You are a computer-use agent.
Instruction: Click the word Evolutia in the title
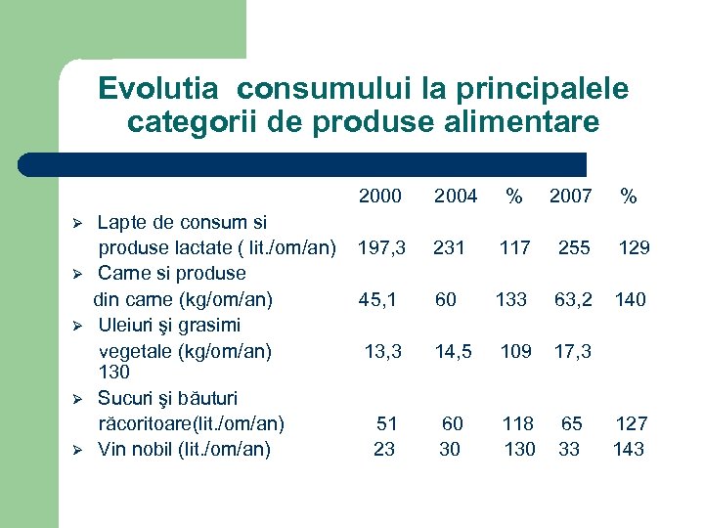(161, 89)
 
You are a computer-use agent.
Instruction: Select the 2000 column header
(379, 197)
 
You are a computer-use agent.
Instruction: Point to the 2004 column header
(456, 197)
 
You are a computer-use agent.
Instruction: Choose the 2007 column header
(570, 197)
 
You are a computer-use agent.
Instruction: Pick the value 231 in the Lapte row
(449, 248)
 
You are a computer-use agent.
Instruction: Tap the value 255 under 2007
(574, 248)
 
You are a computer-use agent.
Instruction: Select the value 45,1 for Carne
(377, 299)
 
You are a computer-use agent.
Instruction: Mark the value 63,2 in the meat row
(573, 299)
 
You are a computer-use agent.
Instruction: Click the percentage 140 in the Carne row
(630, 299)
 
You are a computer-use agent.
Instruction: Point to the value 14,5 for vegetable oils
(453, 350)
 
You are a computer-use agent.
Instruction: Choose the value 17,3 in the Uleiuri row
(573, 350)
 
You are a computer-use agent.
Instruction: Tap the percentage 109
(517, 350)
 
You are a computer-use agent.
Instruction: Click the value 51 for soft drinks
(387, 423)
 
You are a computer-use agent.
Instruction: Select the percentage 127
(632, 423)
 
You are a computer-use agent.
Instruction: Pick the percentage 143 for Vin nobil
(629, 449)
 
